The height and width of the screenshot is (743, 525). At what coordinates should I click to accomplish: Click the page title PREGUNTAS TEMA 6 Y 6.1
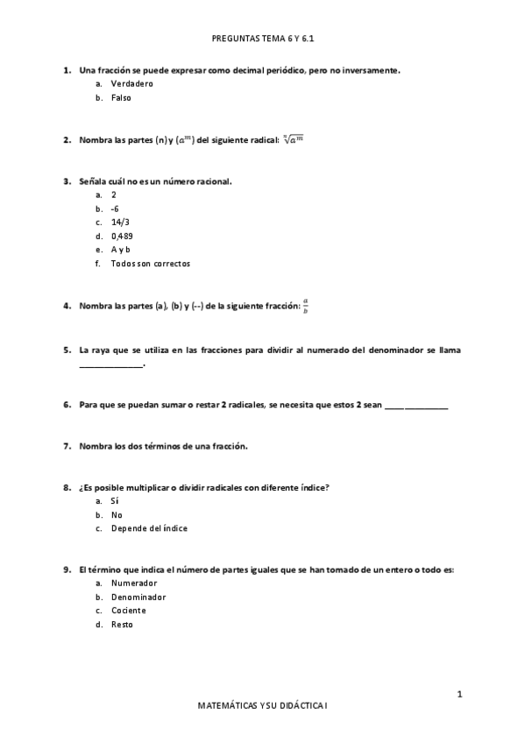coord(263,39)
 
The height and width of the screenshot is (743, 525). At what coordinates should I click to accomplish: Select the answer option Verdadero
coord(131,83)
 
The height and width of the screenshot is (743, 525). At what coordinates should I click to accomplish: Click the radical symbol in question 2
coord(293,138)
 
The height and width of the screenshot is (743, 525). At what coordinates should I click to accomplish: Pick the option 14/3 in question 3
coord(120,222)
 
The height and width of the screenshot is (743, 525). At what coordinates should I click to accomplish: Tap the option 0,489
coord(122,236)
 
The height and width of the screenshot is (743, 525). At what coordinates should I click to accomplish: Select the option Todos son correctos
coord(150,263)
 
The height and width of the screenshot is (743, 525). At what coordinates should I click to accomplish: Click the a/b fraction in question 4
coord(305,305)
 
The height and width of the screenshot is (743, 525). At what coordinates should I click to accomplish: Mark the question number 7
coord(67,446)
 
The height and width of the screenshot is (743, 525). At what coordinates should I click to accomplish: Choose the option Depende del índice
coord(148,528)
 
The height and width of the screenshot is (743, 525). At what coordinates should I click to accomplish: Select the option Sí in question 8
coord(115,500)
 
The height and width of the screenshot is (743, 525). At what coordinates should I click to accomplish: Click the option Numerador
coord(134,583)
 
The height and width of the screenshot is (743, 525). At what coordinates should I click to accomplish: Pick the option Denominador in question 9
coord(138,597)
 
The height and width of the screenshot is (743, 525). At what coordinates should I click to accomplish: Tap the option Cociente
coord(128,610)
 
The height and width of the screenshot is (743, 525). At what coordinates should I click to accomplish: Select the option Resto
coord(122,624)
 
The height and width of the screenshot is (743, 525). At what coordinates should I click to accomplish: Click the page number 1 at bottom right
coord(458,694)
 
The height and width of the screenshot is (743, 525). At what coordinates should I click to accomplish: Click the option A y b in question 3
coord(120,250)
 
